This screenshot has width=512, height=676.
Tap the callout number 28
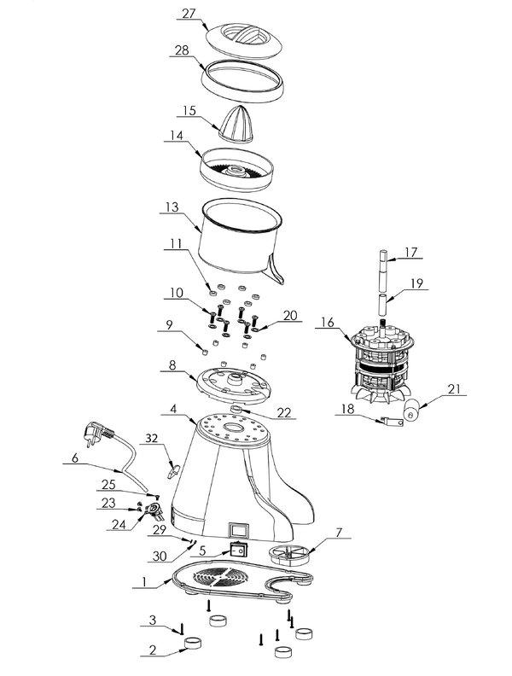tap(182, 50)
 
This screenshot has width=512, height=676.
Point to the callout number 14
tap(175, 135)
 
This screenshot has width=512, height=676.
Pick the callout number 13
tap(171, 207)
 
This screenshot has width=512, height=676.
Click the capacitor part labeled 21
tap(413, 412)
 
